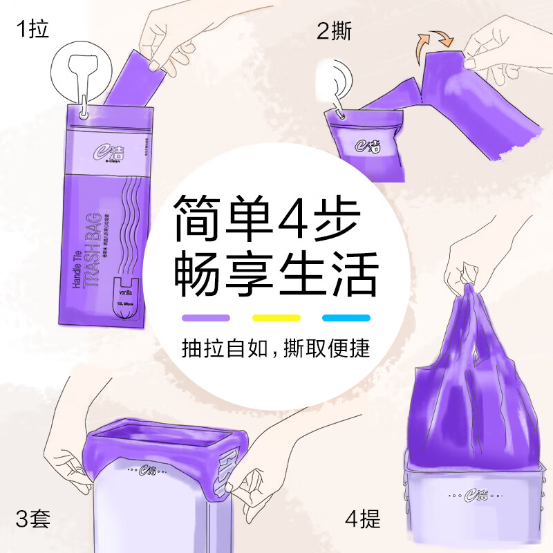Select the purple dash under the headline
click(x=205, y=318)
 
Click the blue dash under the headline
click(x=346, y=318)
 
